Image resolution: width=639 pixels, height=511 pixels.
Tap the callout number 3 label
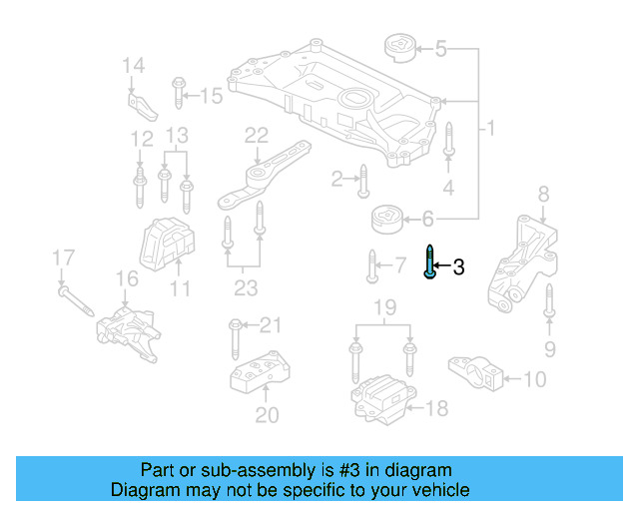(458, 267)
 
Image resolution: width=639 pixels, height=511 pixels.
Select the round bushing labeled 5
(398, 48)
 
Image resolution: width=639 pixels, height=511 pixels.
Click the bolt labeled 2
(364, 180)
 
